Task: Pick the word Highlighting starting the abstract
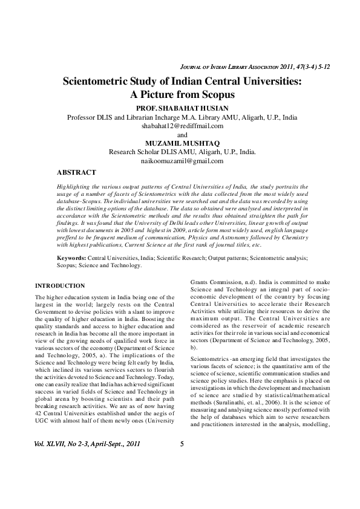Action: coord(71,189)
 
